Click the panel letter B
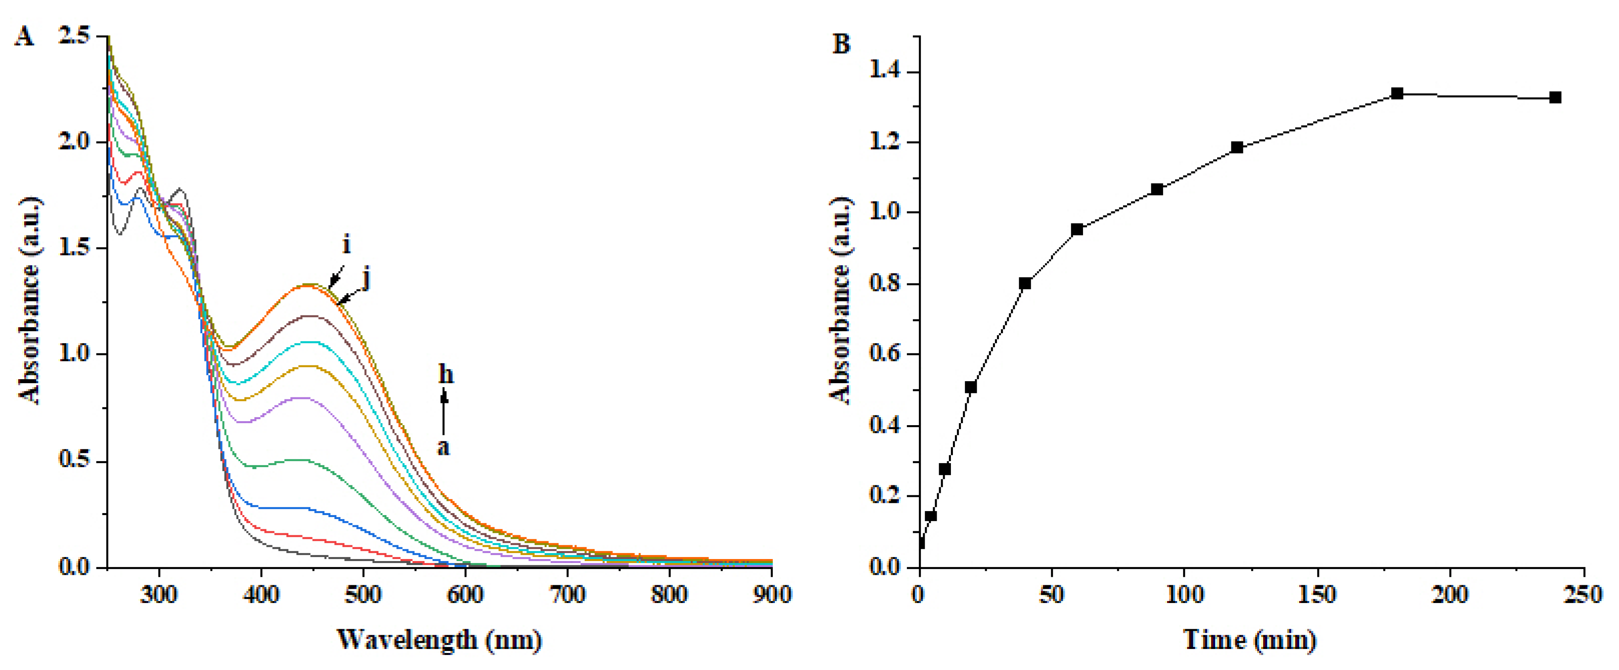click(841, 44)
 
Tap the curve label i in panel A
click(346, 244)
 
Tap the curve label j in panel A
click(366, 277)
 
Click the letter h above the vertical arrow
click(446, 375)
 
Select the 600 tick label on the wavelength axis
click(465, 594)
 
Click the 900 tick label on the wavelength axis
click(771, 594)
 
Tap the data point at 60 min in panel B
click(1077, 229)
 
